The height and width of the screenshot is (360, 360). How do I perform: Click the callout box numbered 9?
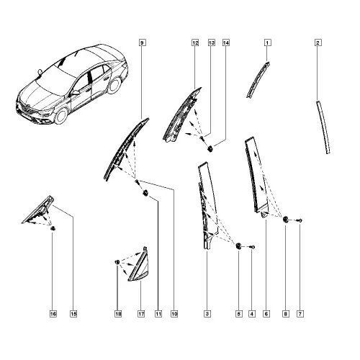click(142, 42)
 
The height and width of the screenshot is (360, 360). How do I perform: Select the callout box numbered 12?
click(195, 42)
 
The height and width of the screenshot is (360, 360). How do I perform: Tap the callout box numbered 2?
click(318, 42)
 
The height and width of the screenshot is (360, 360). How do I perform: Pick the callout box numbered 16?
click(53, 314)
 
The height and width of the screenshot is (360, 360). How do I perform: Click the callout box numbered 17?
click(141, 314)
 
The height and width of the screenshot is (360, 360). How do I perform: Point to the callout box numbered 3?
click(207, 314)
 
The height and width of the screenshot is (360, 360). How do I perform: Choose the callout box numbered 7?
click(300, 314)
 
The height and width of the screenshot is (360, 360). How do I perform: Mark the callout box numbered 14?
click(226, 42)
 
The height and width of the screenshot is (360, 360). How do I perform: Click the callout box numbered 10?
click(174, 314)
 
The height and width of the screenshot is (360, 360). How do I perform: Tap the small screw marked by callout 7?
click(300, 220)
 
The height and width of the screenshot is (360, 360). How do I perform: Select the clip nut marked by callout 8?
click(286, 219)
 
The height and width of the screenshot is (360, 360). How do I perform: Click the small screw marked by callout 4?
click(252, 247)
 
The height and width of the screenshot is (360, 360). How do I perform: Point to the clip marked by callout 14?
click(210, 148)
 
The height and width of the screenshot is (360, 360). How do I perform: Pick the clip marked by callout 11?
click(145, 192)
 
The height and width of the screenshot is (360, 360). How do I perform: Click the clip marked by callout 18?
click(117, 262)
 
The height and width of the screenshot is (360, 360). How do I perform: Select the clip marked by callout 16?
click(53, 228)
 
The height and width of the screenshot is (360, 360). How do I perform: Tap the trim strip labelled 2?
click(323, 127)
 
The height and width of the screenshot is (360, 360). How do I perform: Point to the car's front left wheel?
click(61, 116)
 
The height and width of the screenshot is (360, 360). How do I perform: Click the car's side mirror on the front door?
click(76, 92)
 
